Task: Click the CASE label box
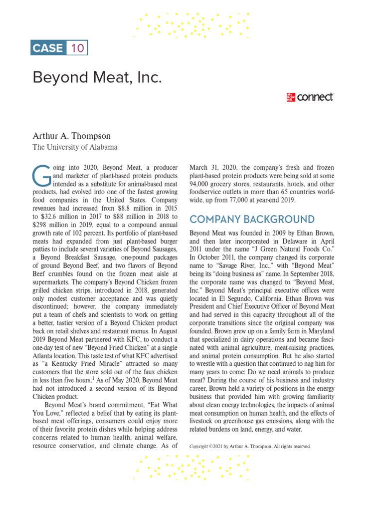click(x=48, y=48)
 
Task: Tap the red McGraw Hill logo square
click(x=290, y=97)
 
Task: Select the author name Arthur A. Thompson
click(x=72, y=136)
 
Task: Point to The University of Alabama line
click(x=75, y=147)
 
